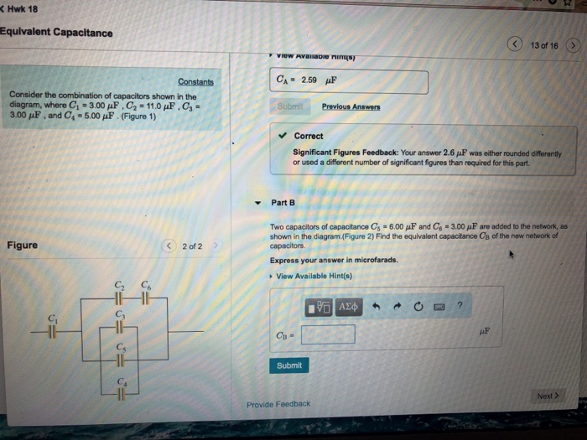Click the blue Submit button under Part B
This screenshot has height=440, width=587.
[x=288, y=365]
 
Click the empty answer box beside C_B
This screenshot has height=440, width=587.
[x=327, y=335]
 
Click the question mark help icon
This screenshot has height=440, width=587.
[x=460, y=308]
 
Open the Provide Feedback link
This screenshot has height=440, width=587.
[x=278, y=404]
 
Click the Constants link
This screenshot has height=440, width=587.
[x=195, y=82]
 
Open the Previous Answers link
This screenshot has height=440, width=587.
[x=351, y=107]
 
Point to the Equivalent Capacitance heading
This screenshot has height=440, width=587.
[x=56, y=33]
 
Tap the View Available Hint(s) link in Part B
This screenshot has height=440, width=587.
[x=314, y=276]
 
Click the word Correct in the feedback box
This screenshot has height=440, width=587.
[x=309, y=136]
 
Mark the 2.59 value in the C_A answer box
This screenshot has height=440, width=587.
[x=308, y=81]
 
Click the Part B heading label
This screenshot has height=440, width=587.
[x=283, y=203]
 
